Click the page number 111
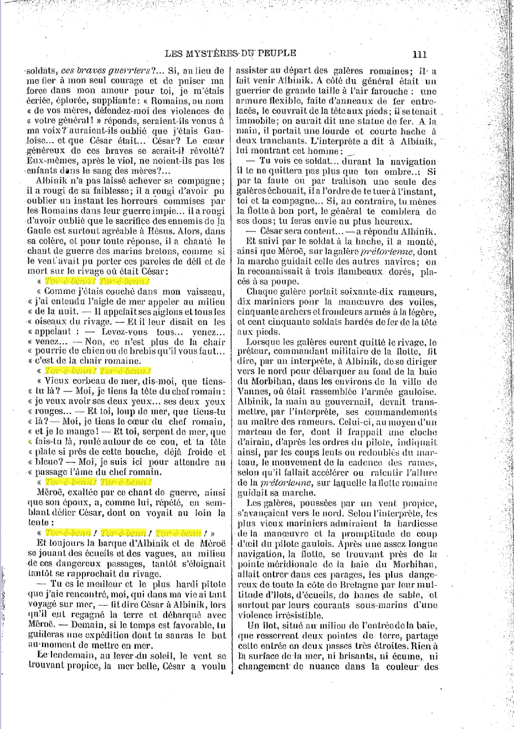click(x=419, y=54)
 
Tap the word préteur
click(x=253, y=351)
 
